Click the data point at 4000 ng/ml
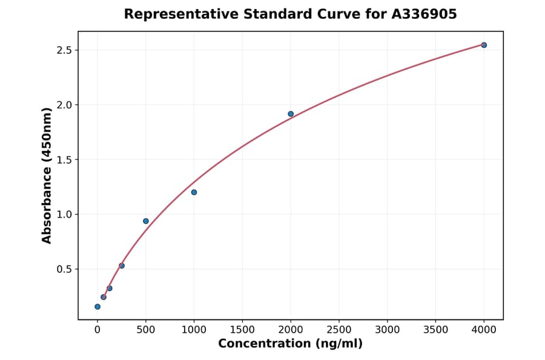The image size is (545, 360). [484, 45]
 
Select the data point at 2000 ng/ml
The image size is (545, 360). [291, 114]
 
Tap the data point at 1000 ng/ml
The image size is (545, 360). [194, 192]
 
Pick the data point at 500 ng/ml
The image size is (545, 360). [146, 221]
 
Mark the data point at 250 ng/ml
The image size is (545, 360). [122, 265]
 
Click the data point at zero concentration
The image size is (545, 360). [97, 307]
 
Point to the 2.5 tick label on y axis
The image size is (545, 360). [64, 50]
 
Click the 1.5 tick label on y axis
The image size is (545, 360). [64, 159]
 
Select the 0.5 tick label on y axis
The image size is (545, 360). [64, 269]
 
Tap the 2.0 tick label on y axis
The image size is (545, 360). [64, 105]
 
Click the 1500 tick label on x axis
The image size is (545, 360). [242, 330]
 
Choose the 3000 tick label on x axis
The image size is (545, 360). [388, 330]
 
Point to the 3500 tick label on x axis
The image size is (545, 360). [435, 330]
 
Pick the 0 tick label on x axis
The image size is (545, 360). [97, 330]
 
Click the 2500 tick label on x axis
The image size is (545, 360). [339, 330]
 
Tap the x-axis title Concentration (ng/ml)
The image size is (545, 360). [290, 344]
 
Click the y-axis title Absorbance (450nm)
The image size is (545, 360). [47, 175]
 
